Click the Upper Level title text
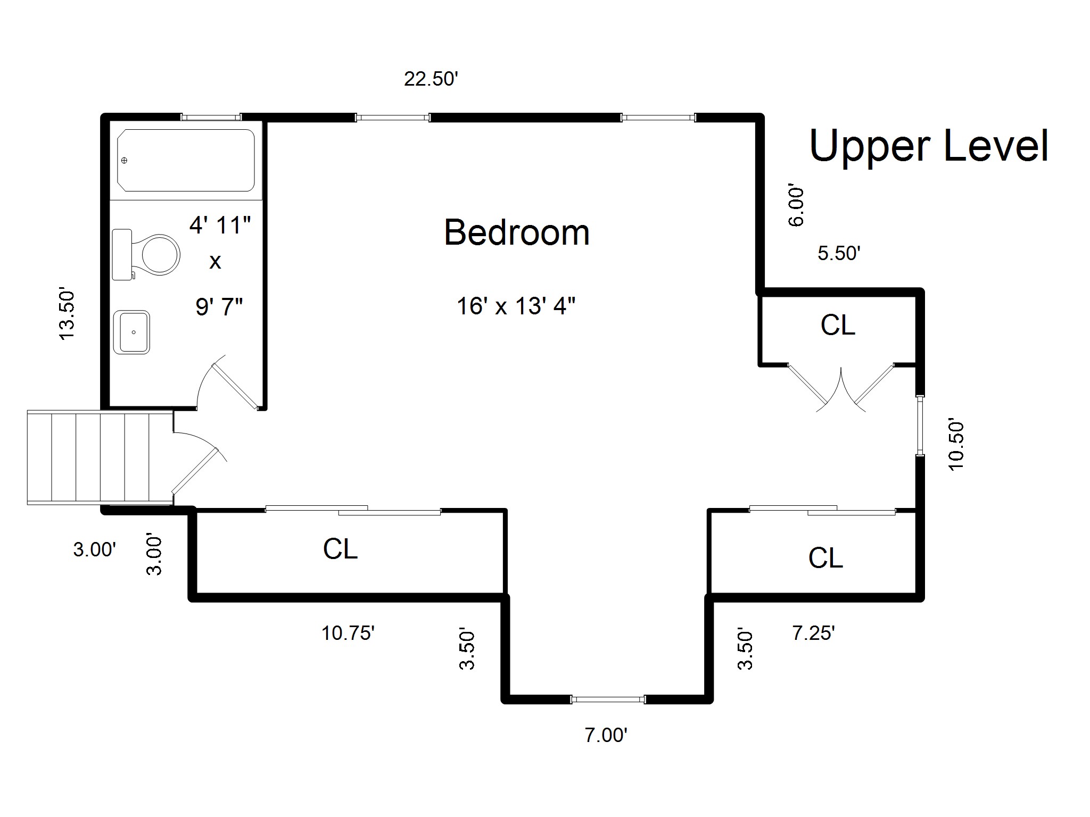929,146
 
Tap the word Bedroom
517,232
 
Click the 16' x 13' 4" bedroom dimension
516,306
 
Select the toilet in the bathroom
146,255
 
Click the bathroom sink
131,332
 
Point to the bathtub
186,160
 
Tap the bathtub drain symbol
125,160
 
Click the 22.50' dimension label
431,79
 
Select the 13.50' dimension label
68,314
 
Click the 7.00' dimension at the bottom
606,735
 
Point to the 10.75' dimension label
349,633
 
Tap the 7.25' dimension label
814,633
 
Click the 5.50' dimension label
839,253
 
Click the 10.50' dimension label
956,445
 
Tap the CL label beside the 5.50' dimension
838,325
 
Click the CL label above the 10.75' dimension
340,549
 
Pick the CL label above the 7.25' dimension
825,558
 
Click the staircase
100,457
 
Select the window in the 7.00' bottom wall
608,699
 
